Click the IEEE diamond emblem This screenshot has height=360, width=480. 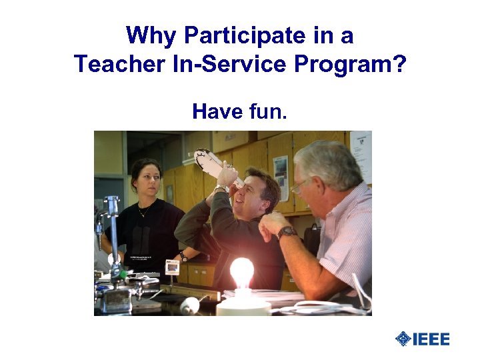tap(403, 339)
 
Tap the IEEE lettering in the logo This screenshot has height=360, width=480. tap(431, 339)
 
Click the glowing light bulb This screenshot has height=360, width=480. tap(242, 272)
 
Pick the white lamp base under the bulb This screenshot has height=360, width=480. tap(243, 305)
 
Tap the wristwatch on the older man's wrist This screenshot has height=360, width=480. tap(287, 233)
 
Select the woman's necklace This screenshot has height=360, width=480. tap(144, 211)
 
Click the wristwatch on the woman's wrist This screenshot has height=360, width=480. tap(182, 256)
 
